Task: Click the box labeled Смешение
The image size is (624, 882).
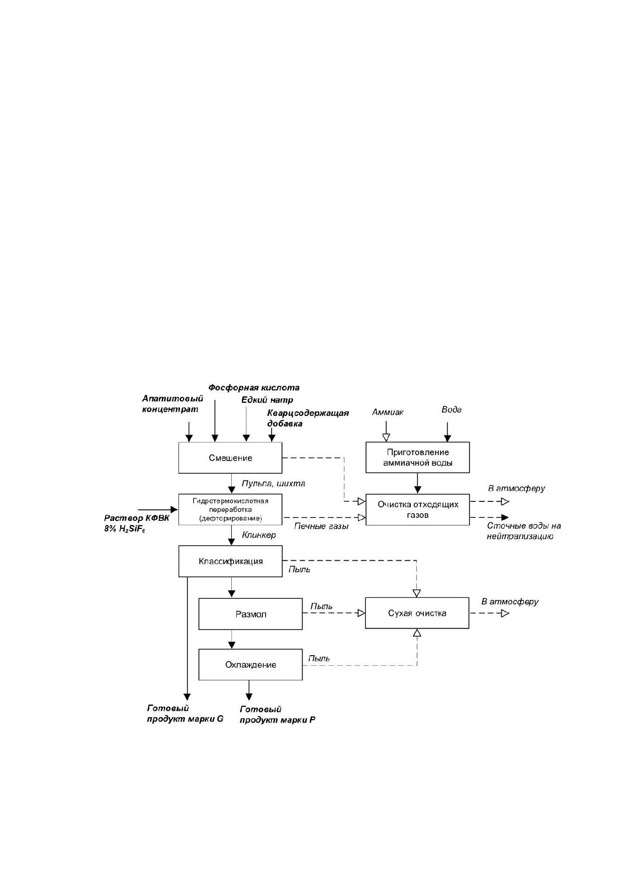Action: [x=230, y=458]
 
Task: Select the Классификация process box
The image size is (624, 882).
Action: [x=230, y=561]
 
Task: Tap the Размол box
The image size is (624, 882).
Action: [x=250, y=614]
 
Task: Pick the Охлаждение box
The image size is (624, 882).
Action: [x=250, y=665]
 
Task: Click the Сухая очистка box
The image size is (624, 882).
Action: [x=417, y=613]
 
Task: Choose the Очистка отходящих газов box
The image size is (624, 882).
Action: [x=418, y=509]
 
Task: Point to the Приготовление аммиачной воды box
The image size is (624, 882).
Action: [x=418, y=457]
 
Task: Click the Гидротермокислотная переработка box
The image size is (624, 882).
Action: [x=230, y=509]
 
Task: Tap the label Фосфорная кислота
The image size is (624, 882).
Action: [x=254, y=388]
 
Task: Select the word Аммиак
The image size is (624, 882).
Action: [x=388, y=412]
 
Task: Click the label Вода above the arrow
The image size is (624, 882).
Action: [x=452, y=409]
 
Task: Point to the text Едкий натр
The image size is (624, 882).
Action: [x=267, y=400]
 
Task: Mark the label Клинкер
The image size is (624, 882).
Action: [x=259, y=535]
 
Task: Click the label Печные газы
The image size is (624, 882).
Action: [x=321, y=526]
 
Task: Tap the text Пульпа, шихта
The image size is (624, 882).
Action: [x=274, y=483]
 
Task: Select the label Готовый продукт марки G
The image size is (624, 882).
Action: [x=185, y=714]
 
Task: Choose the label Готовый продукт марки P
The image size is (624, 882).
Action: [x=278, y=715]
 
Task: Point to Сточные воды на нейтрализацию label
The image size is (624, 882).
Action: [x=523, y=531]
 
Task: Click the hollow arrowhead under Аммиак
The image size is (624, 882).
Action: [x=386, y=437]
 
